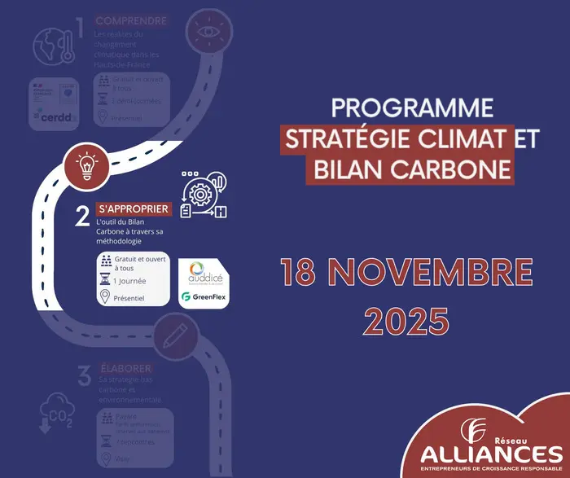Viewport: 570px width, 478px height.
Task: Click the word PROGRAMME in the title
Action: coord(414,107)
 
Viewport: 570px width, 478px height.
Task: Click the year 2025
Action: coord(406,320)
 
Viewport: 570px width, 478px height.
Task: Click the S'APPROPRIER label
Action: coord(134,209)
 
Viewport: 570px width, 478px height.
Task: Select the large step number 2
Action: coord(81,216)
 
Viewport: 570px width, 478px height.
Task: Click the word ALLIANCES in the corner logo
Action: coord(493,452)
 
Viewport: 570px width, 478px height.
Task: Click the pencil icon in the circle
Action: coord(173,334)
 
